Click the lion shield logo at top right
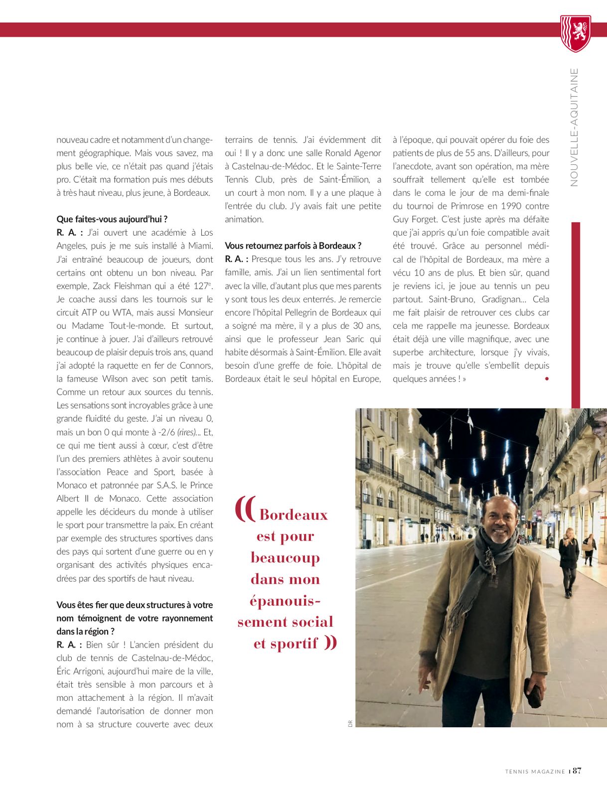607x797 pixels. pyautogui.click(x=576, y=33)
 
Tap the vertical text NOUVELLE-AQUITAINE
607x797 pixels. pyautogui.click(x=574, y=127)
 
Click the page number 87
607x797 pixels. pyautogui.click(x=577, y=771)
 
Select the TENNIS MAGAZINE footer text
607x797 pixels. pyautogui.click(x=535, y=772)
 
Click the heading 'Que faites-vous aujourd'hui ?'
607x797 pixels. pyautogui.click(x=112, y=219)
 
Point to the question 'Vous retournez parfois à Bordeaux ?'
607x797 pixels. pyautogui.click(x=293, y=246)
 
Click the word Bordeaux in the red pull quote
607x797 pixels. pyautogui.click(x=294, y=515)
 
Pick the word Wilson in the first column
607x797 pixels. pyautogui.click(x=119, y=379)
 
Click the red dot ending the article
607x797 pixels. pyautogui.click(x=547, y=379)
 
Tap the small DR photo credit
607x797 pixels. pyautogui.click(x=350, y=723)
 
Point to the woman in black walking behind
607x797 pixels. pyautogui.click(x=568, y=560)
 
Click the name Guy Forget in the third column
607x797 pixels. pyautogui.click(x=415, y=219)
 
